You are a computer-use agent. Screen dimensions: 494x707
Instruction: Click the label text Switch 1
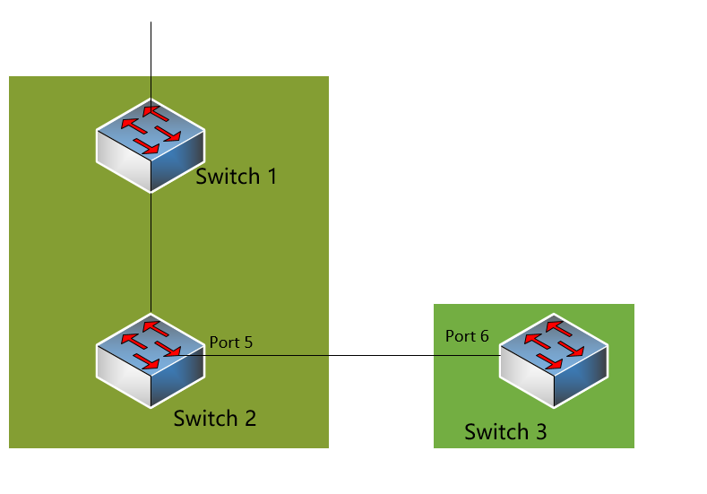click(x=237, y=176)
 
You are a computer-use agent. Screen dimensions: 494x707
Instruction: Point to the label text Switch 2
click(x=215, y=418)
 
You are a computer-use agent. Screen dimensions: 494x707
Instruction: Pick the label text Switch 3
click(x=505, y=432)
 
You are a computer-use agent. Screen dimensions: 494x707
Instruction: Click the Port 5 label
click(x=231, y=342)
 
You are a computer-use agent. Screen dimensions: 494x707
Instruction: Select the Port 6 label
click(x=467, y=336)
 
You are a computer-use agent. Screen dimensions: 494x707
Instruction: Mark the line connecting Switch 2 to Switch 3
click(x=349, y=355)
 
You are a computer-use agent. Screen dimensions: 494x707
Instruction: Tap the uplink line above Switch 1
click(x=151, y=54)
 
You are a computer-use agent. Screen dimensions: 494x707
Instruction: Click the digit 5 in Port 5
click(x=249, y=342)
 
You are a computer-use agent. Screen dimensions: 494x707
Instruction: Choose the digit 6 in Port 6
click(x=485, y=336)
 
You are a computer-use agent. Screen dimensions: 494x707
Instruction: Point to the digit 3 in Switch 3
click(x=540, y=432)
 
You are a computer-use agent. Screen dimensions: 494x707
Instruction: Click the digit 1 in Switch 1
click(x=272, y=176)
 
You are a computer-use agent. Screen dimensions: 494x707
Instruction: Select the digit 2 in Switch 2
click(x=250, y=418)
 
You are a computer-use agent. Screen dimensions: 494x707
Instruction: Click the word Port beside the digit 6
click(x=461, y=336)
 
